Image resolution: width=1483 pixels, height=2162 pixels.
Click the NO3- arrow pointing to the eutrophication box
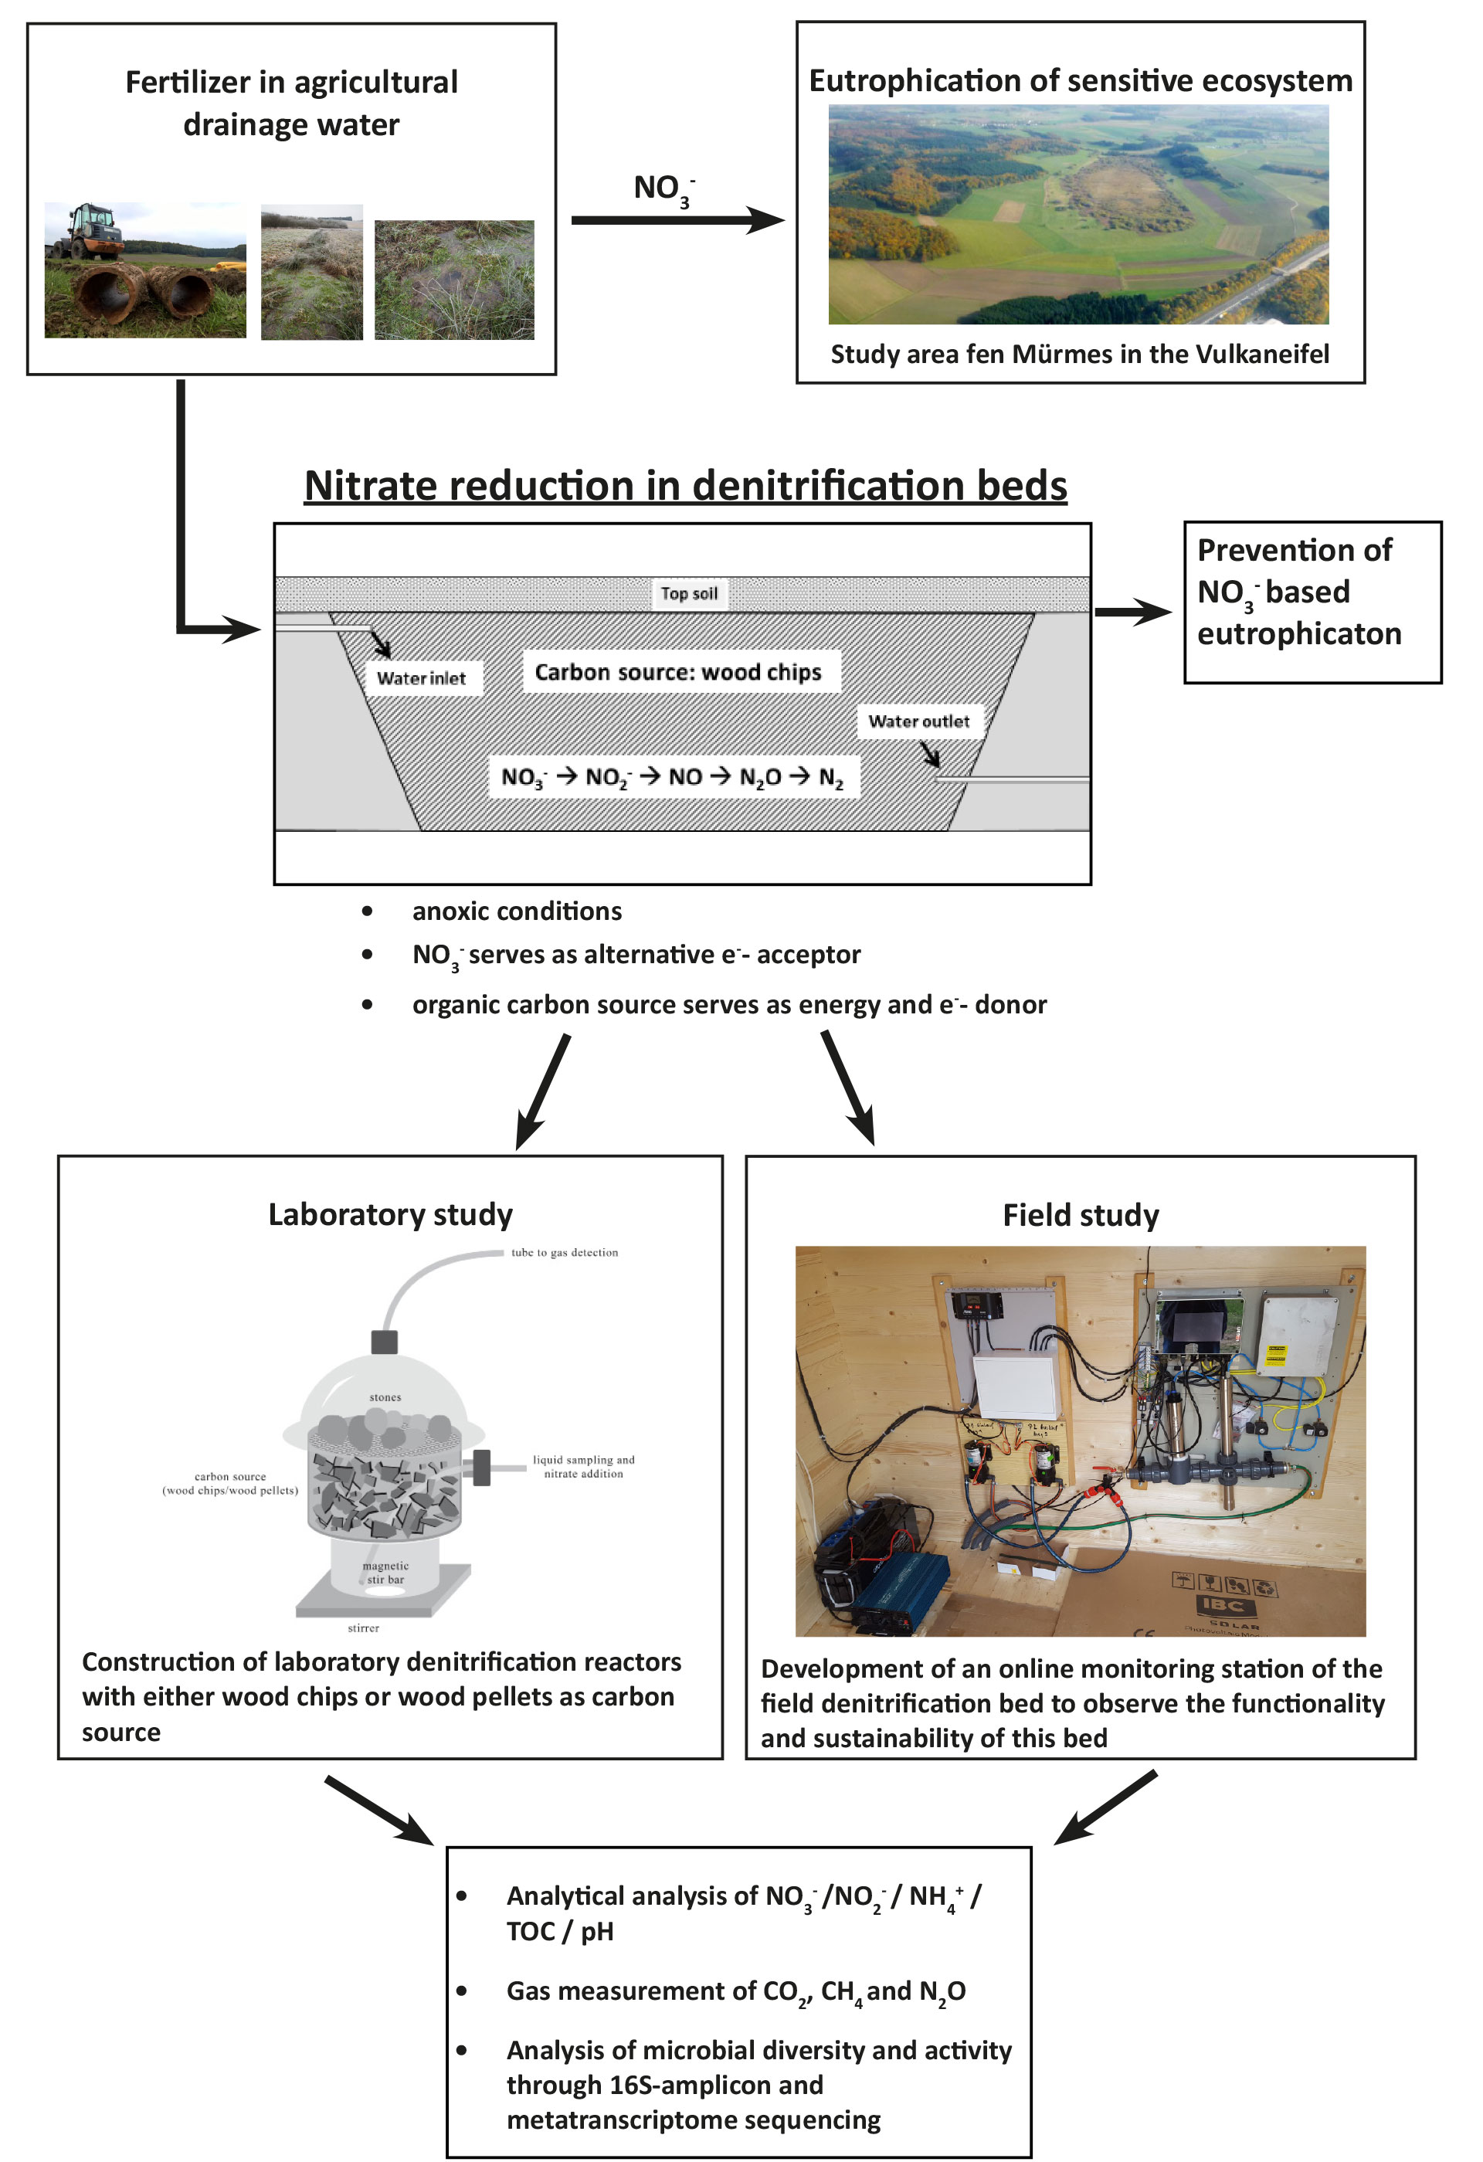tap(677, 220)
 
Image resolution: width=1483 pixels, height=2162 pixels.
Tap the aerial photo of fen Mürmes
tap(1077, 214)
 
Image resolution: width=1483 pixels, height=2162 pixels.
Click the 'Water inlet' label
tap(422, 678)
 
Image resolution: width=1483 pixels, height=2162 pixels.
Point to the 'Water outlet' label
tap(918, 721)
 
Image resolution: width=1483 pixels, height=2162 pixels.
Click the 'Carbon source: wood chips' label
tap(677, 672)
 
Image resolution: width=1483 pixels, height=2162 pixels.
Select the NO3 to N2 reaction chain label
tap(672, 777)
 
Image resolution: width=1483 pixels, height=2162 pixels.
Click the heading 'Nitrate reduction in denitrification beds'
tap(685, 486)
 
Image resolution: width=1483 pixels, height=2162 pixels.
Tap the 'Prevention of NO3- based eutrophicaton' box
tap(1311, 602)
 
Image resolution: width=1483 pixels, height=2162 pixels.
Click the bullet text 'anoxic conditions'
tap(517, 911)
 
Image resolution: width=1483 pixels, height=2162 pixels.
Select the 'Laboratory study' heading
tap(390, 1214)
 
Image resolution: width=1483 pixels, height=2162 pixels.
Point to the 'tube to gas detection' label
tap(564, 1252)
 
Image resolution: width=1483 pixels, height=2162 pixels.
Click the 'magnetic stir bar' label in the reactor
tap(385, 1572)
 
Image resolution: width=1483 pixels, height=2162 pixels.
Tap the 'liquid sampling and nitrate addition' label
tap(583, 1466)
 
